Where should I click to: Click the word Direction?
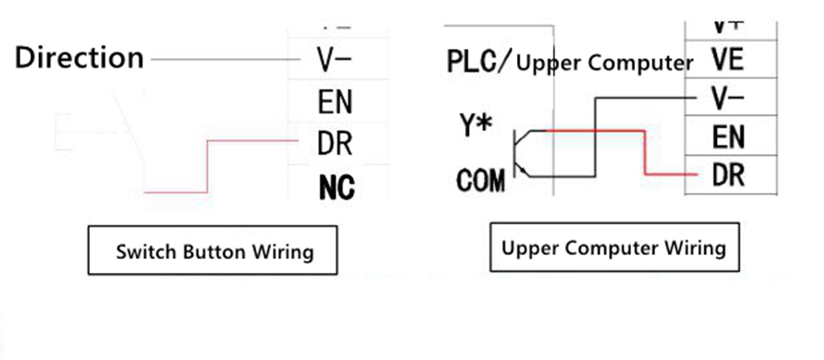[x=79, y=58]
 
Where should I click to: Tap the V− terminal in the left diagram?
[x=334, y=60]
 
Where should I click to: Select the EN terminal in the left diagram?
[x=335, y=102]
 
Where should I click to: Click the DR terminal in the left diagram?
[x=334, y=144]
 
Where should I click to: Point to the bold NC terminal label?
[x=336, y=188]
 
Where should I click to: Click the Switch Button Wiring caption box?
[x=213, y=251]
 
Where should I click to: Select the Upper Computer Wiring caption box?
[x=614, y=247]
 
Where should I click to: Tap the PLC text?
[x=472, y=62]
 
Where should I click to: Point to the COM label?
[x=481, y=181]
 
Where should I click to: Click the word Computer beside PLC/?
[x=641, y=63]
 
